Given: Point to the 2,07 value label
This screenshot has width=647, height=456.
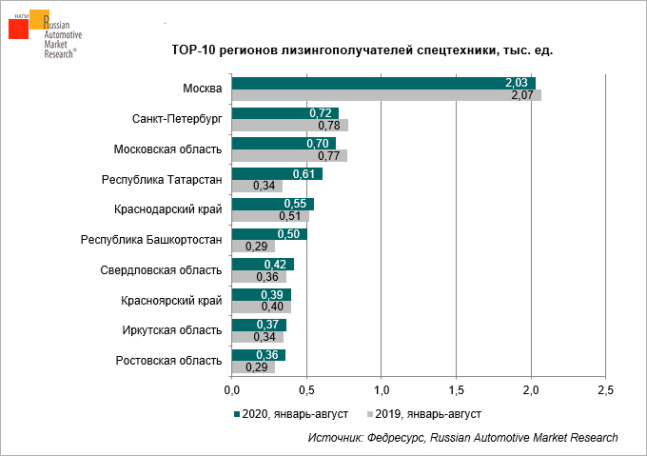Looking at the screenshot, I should point(521,95).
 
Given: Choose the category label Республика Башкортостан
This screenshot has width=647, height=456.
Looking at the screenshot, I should point(151,240).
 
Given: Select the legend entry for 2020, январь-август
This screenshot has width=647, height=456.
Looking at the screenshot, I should point(290,414).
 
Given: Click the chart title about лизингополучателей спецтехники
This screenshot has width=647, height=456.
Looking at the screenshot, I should point(362,50).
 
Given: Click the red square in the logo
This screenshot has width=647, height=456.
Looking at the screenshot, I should point(18,29).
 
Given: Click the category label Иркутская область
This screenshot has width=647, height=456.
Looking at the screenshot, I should point(172,330).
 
